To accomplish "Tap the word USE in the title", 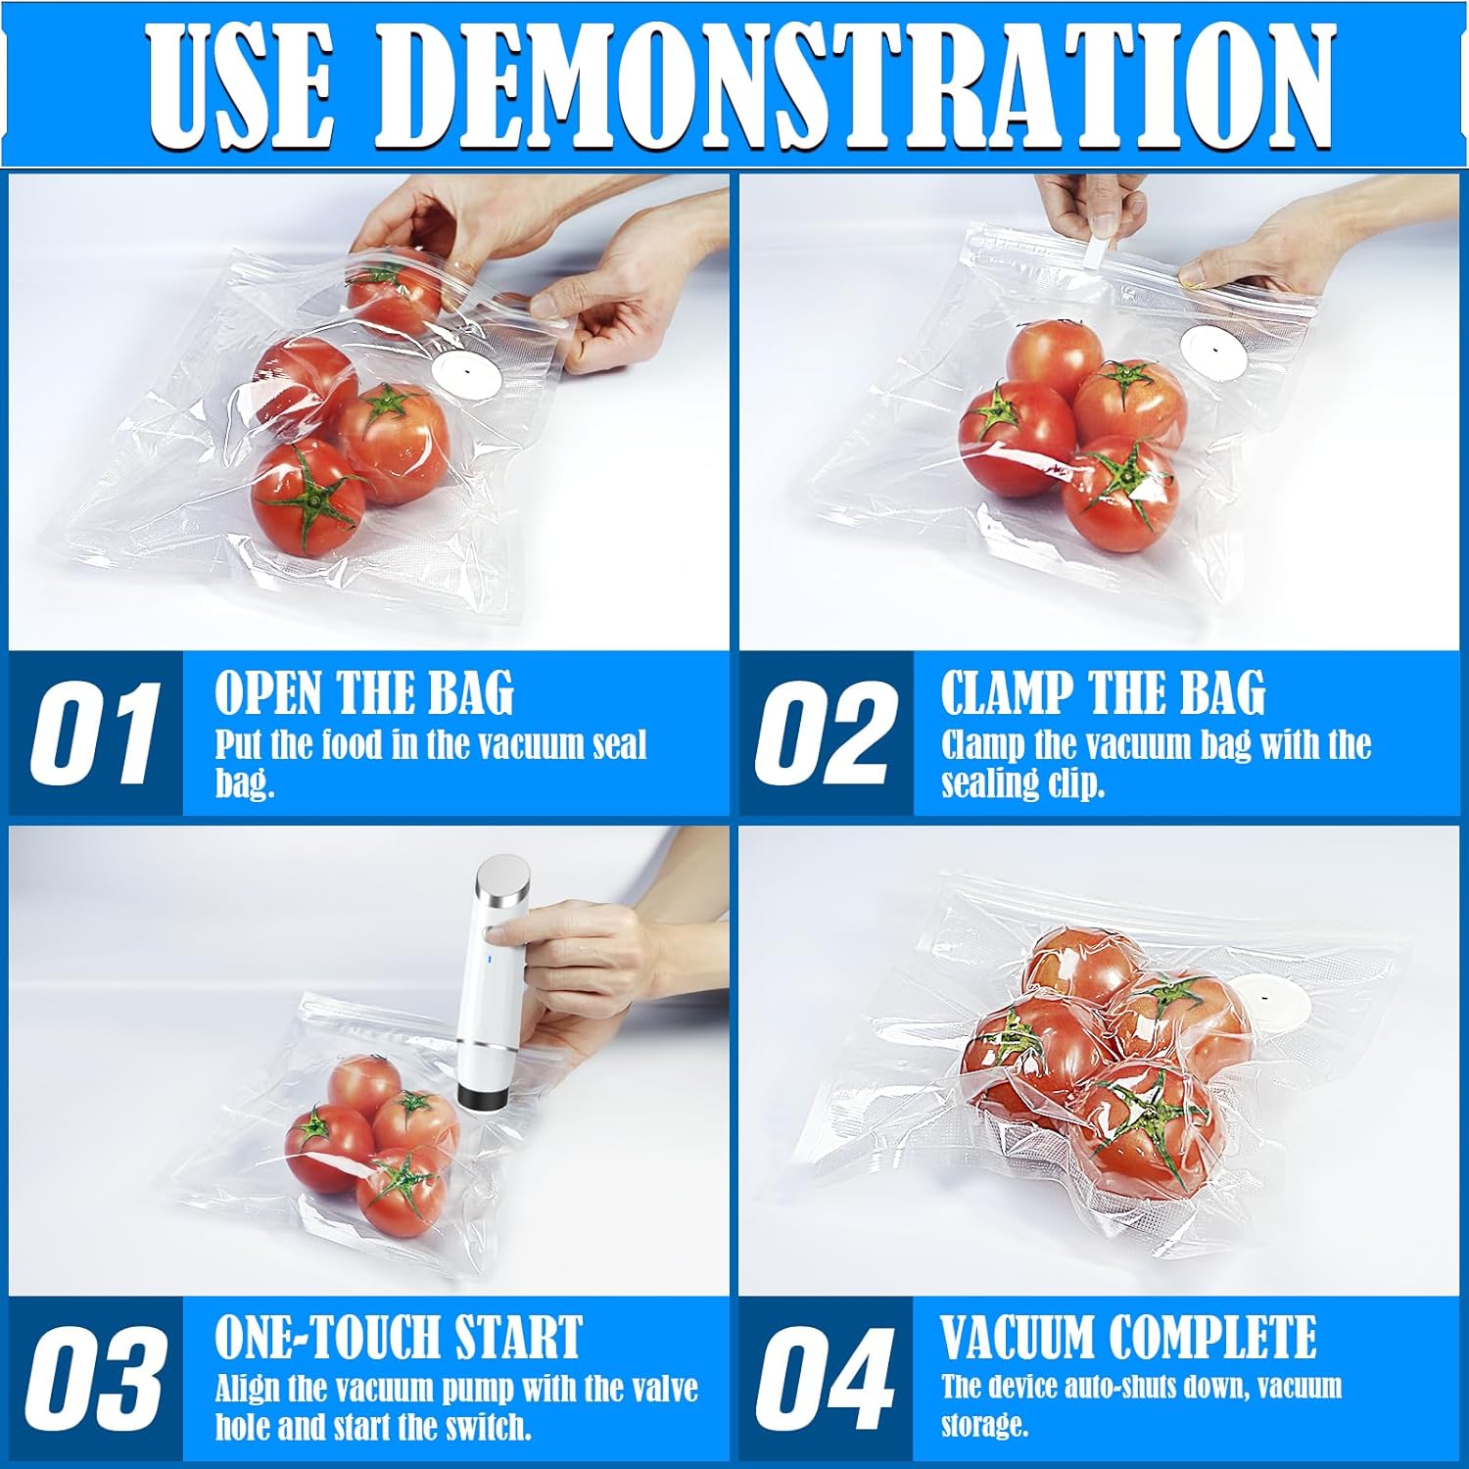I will (240, 85).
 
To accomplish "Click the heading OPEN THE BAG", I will (363, 693).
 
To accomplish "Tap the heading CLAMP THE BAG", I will (1103, 693).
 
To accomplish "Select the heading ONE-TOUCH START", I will (398, 1338).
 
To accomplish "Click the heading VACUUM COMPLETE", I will (1128, 1338).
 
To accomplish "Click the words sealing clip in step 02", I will (1022, 784).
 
